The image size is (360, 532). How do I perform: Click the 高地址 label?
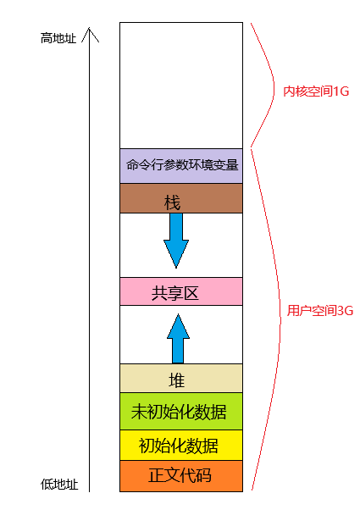coord(58,38)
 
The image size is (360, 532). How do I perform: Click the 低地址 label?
coord(59,485)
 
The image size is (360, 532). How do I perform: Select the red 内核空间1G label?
coord(316,91)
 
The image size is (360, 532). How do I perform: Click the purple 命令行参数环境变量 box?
coord(181,165)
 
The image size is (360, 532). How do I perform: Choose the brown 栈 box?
coord(181,198)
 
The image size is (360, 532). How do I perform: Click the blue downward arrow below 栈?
coord(176,240)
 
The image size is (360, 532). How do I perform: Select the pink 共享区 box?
coord(181,291)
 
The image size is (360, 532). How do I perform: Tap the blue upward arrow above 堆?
coord(176,338)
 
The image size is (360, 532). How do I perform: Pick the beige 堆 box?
coord(181,379)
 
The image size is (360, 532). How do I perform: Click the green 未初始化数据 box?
coord(181,412)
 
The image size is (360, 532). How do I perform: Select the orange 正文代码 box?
coord(181,475)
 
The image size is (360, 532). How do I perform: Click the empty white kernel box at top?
coord(181,85)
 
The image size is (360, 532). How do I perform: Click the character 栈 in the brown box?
coord(172,204)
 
